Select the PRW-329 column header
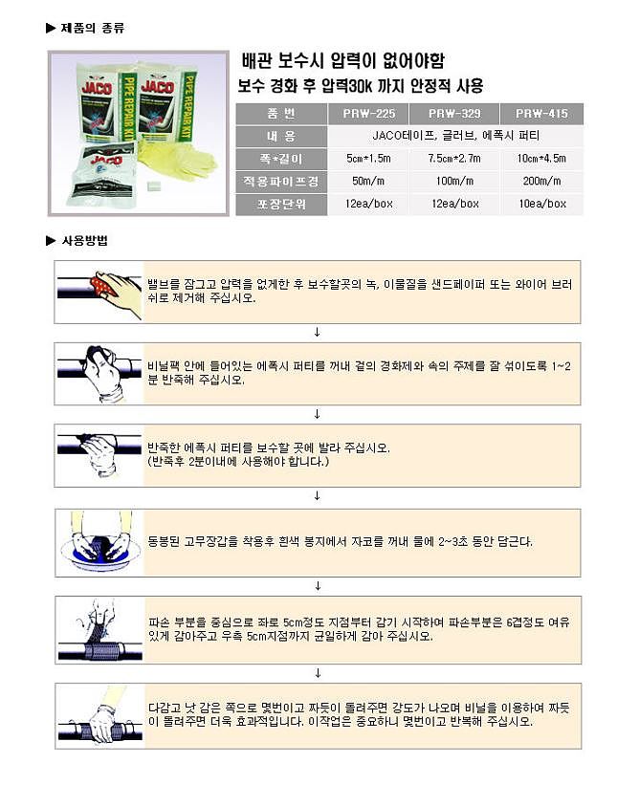click(454, 113)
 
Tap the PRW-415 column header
click(541, 113)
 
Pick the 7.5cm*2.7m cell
click(454, 158)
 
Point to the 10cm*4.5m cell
click(541, 158)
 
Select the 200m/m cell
click(541, 181)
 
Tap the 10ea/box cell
click(541, 204)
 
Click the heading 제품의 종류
click(92, 27)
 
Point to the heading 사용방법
click(85, 241)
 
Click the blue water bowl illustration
click(99, 549)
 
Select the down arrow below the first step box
click(318, 332)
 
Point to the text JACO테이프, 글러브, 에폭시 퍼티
click(453, 136)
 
